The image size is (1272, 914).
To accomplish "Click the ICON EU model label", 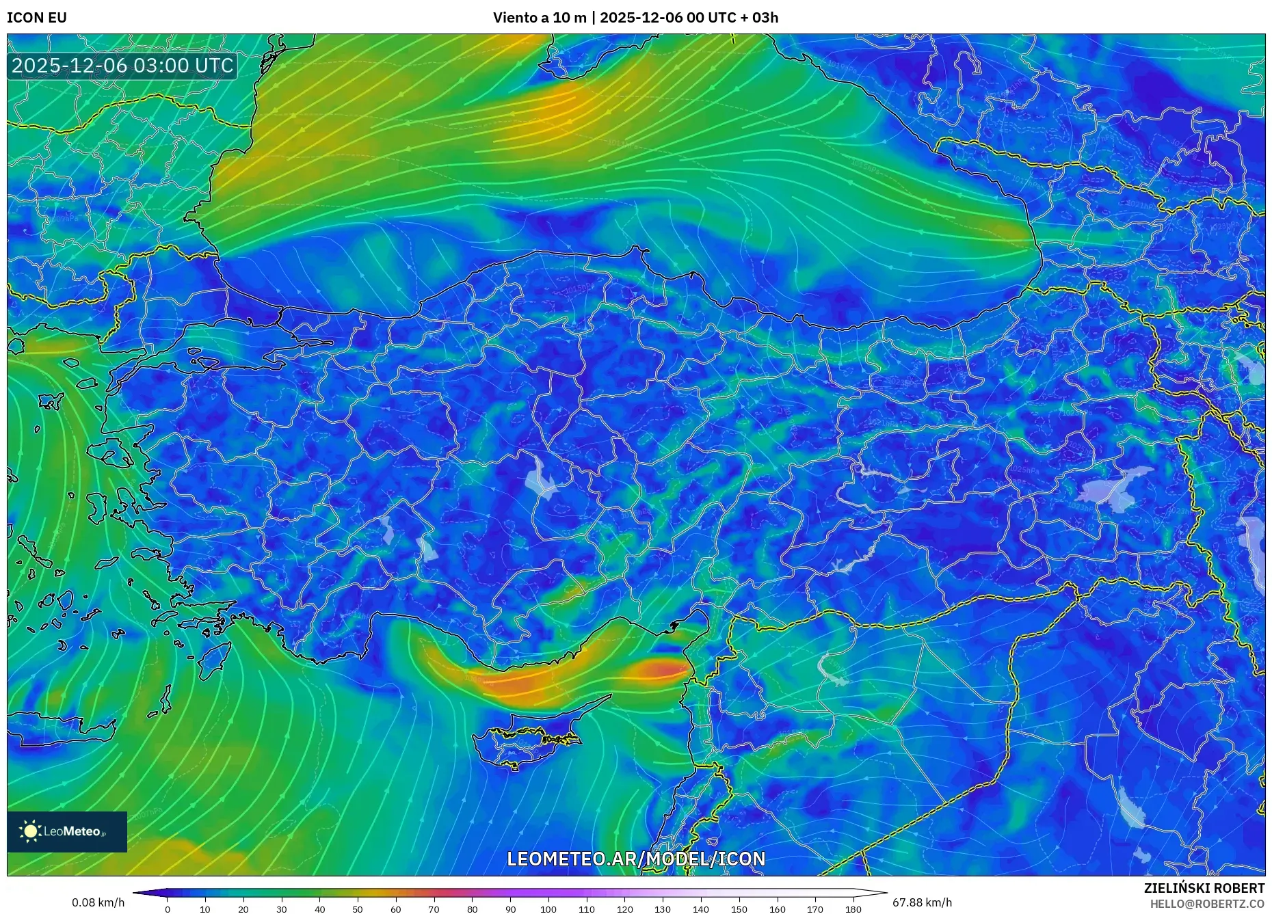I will tap(37, 18).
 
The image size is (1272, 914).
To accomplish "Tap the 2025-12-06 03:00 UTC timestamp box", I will tap(123, 66).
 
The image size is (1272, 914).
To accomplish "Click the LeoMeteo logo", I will tap(67, 831).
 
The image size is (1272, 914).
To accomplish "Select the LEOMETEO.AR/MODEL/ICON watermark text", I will tap(636, 859).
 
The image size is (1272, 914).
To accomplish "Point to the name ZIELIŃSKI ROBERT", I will tap(1204, 888).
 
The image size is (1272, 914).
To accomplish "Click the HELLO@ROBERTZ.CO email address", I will tap(1206, 904).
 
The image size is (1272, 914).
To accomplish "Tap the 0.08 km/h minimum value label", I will tap(98, 902).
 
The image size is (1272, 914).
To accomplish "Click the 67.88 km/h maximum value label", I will tap(922, 902).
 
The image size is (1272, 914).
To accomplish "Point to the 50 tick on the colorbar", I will tap(358, 909).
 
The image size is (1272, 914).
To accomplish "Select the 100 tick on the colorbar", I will tap(548, 909).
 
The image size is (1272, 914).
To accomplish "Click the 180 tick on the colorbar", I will tap(853, 909).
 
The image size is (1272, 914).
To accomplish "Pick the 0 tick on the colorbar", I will tap(168, 909).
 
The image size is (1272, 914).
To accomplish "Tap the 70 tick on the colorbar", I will tap(434, 909).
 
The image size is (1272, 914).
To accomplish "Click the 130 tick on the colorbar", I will tap(663, 909).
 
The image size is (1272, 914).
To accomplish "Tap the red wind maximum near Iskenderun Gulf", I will tap(660, 669).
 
